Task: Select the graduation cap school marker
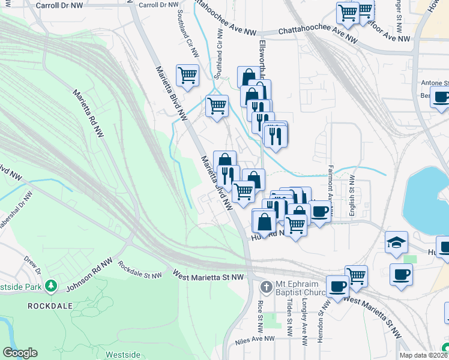coord(396,242)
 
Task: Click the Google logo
coord(20,353)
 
